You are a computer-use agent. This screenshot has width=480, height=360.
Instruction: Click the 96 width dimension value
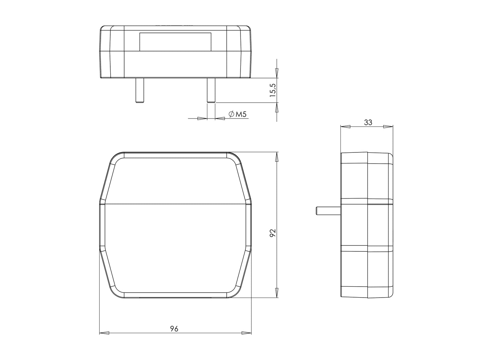click(174, 329)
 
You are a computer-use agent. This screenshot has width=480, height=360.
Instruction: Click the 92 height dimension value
click(273, 233)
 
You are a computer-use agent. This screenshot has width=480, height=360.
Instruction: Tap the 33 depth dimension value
click(368, 122)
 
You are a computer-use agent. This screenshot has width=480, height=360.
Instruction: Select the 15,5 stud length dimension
click(273, 90)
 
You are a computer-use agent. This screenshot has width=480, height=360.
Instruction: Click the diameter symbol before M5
click(231, 115)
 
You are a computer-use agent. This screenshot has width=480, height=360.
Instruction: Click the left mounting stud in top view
click(139, 90)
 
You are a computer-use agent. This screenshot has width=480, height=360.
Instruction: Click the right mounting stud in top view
click(211, 90)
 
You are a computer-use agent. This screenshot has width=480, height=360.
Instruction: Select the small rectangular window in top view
click(175, 42)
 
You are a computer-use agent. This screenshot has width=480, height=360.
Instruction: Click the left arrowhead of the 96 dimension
click(104, 333)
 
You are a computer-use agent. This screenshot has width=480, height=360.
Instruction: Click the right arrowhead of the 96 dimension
click(246, 333)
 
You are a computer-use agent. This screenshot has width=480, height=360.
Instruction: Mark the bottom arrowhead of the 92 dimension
click(277, 293)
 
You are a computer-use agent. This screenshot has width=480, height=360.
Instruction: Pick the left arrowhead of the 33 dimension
click(346, 127)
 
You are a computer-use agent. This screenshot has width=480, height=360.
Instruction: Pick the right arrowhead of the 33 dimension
click(388, 127)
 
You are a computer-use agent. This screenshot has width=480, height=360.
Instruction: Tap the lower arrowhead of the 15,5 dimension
click(277, 108)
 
